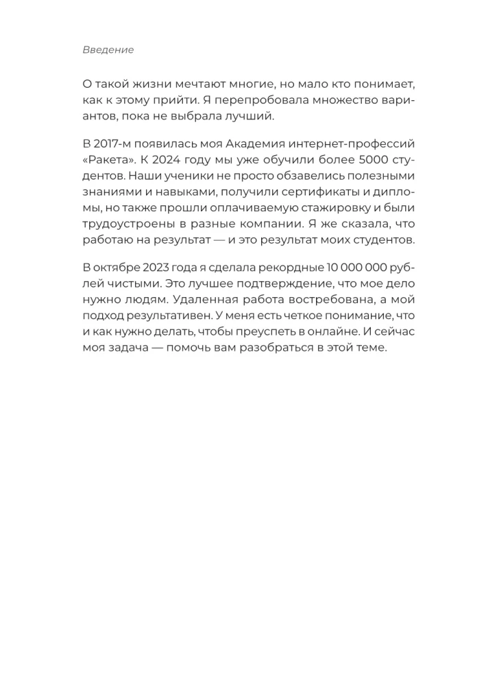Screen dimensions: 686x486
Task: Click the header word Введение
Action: pos(108,49)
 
